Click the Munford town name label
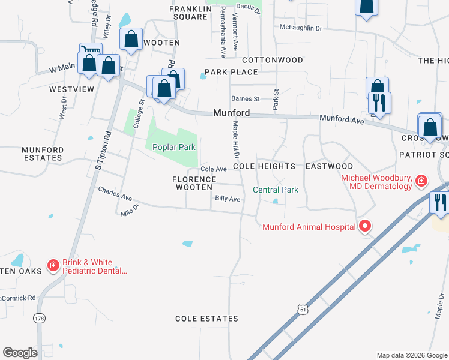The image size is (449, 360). [232, 113]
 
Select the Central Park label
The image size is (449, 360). [276, 190]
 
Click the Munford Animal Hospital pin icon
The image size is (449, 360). [364, 226]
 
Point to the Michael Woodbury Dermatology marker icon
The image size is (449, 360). [421, 181]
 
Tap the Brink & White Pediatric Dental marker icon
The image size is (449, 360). [53, 265]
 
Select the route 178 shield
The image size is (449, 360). [40, 317]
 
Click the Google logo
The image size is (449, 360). [20, 353]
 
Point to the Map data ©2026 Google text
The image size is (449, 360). [411, 355]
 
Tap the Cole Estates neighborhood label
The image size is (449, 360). [203, 318]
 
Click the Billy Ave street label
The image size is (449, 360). [228, 199]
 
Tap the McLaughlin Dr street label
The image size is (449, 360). [301, 28]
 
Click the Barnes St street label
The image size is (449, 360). [246, 99]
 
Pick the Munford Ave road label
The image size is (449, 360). [342, 120]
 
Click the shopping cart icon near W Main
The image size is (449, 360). [91, 50]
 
